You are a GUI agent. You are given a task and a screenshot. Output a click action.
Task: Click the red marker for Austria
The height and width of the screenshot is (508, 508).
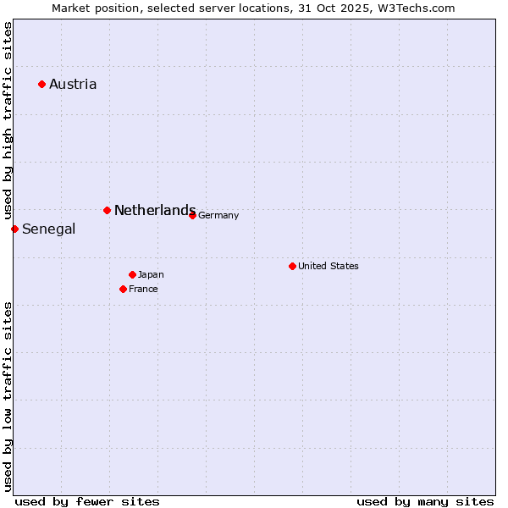click(x=41, y=84)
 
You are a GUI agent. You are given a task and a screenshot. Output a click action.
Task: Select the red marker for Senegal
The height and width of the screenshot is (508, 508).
click(x=14, y=229)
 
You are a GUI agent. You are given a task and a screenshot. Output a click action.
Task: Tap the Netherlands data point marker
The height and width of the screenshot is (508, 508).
click(x=107, y=210)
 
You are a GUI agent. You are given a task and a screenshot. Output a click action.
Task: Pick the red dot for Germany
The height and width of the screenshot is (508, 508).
click(x=192, y=215)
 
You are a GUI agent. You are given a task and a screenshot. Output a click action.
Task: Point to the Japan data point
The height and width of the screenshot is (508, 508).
click(x=132, y=274)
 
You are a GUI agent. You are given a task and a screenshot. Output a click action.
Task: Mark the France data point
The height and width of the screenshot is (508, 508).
click(x=123, y=289)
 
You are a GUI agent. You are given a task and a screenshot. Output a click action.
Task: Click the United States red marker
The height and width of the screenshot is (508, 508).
click(x=292, y=266)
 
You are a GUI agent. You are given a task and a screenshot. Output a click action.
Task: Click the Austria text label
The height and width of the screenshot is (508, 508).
click(x=73, y=84)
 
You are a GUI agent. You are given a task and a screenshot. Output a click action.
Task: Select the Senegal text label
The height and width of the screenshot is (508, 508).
click(x=48, y=229)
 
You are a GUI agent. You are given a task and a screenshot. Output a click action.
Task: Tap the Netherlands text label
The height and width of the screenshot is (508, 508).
click(x=154, y=210)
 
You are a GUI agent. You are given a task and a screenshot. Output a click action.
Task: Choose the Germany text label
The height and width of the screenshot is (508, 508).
click(x=218, y=215)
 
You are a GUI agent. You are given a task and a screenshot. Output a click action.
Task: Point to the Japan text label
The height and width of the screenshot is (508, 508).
click(x=151, y=274)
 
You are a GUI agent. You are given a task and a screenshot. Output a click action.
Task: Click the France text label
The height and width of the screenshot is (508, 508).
click(x=143, y=289)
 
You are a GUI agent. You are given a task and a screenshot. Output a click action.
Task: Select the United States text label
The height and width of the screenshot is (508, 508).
click(x=329, y=266)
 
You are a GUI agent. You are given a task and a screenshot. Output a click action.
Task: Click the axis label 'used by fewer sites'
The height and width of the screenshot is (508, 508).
click(x=87, y=501)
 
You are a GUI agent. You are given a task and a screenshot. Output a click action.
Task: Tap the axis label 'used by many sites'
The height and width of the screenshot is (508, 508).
click(x=425, y=501)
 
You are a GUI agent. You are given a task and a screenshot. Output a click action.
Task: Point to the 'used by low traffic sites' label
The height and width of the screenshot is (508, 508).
click(x=8, y=395)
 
